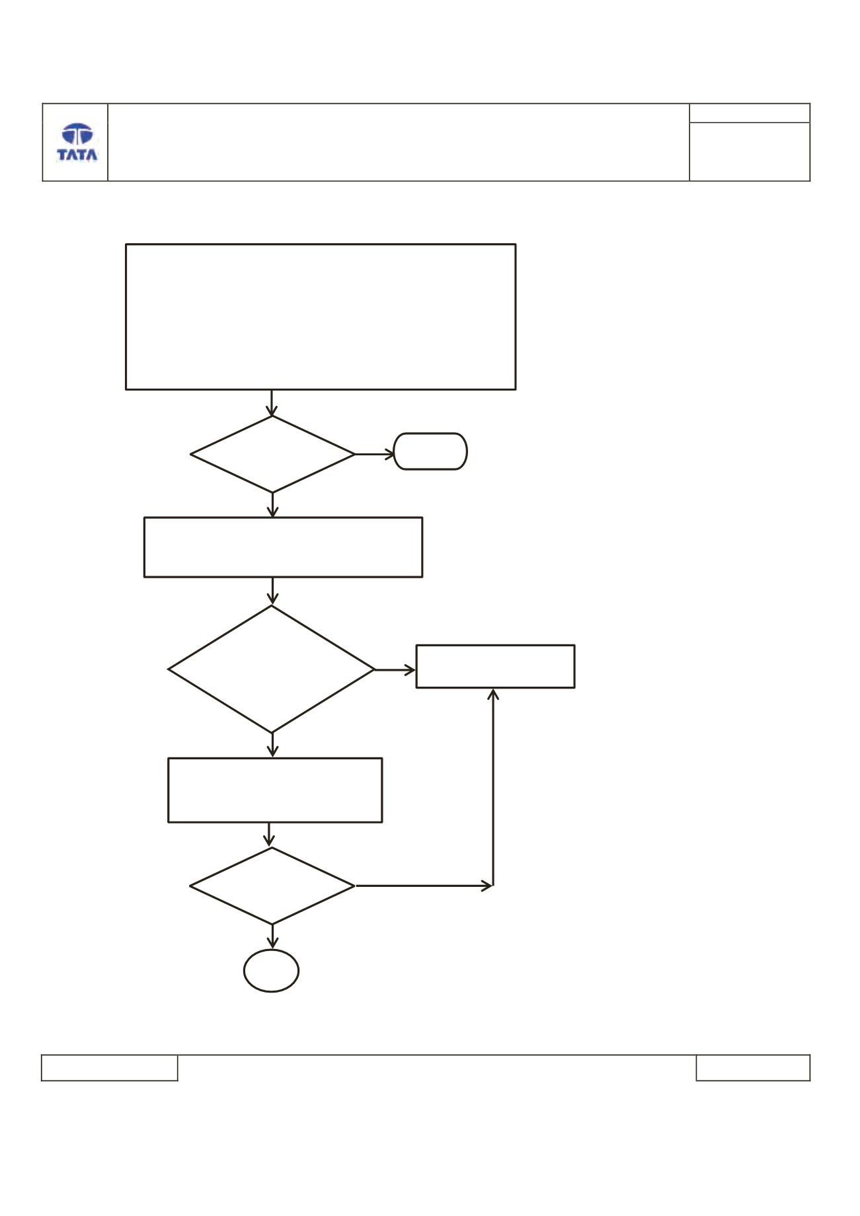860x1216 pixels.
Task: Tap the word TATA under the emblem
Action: click(x=77, y=155)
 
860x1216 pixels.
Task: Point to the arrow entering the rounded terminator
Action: click(x=375, y=454)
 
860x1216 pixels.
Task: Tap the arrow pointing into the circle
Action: click(x=272, y=936)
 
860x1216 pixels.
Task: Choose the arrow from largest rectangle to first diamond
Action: click(x=272, y=402)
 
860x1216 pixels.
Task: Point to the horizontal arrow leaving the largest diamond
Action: click(x=395, y=670)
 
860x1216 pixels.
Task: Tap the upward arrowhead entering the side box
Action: click(x=493, y=694)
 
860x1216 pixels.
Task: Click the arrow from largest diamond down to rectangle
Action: click(x=272, y=745)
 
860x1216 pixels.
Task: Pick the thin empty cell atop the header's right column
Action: click(x=750, y=113)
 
